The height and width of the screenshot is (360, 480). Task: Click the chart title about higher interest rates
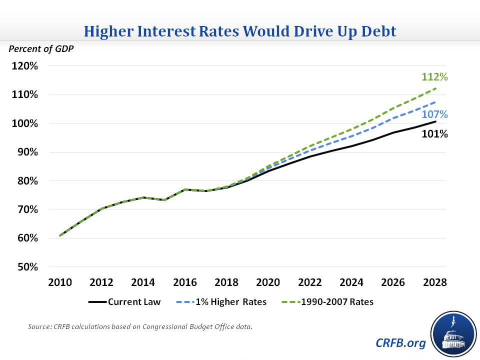coord(240,31)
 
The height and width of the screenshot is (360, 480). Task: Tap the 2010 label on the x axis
coord(59,282)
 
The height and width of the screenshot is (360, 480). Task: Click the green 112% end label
coord(434,77)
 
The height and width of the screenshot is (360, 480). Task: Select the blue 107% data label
coord(434,114)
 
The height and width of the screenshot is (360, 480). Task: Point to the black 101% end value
coord(434,134)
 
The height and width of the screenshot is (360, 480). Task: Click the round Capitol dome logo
coord(453,333)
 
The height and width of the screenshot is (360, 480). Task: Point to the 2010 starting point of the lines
coord(60,235)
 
